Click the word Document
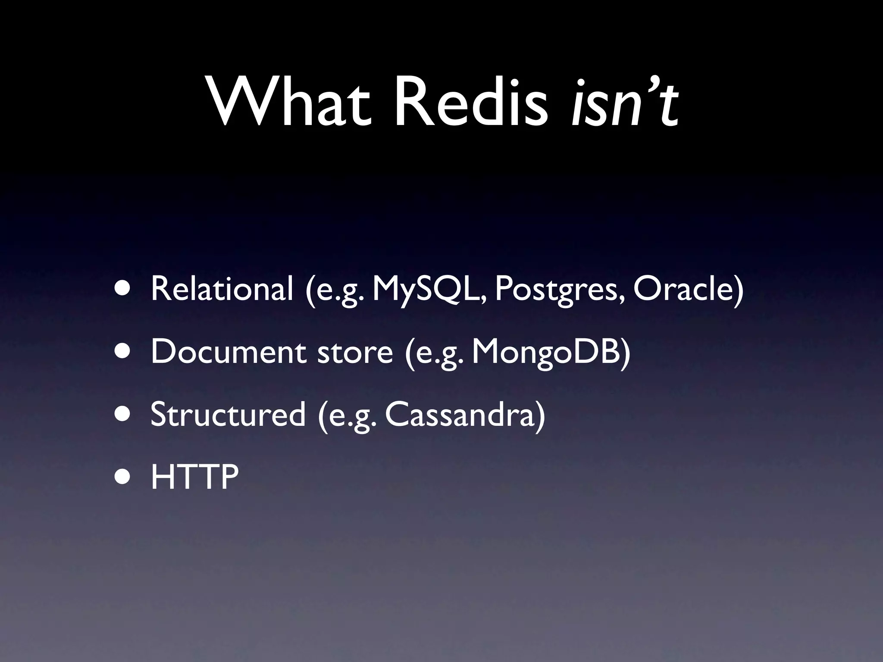229,352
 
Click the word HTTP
194,477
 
